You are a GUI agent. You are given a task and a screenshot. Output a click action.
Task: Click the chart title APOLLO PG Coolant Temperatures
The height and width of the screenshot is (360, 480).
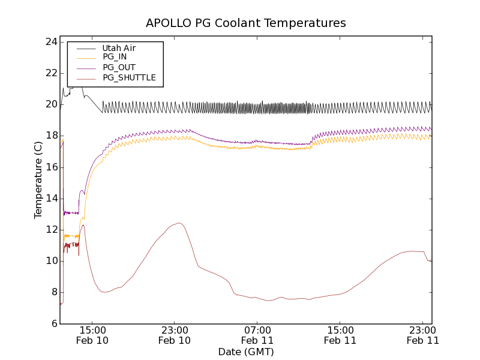(246, 23)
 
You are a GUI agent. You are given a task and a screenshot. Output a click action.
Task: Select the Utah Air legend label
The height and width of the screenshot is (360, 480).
(119, 48)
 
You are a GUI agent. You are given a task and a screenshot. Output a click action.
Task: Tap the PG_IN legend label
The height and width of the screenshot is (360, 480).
(115, 57)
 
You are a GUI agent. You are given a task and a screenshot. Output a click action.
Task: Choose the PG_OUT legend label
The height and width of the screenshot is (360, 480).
(119, 67)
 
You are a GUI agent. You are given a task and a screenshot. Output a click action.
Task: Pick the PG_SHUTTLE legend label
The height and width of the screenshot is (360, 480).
(129, 77)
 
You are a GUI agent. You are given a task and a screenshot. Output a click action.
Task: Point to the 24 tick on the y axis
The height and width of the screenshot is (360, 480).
(50, 42)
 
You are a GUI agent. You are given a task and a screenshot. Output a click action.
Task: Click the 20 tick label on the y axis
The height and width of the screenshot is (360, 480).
(50, 104)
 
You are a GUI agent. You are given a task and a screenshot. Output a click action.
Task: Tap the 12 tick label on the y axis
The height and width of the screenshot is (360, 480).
(50, 230)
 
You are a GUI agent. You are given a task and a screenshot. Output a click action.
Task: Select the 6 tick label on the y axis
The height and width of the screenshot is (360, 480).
(53, 324)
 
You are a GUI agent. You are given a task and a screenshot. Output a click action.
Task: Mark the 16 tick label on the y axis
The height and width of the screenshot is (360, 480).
(50, 167)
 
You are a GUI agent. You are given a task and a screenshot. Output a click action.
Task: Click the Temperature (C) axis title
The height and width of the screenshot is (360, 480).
(38, 180)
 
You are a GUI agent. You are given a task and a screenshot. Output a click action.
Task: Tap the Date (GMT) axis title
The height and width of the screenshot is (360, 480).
(246, 352)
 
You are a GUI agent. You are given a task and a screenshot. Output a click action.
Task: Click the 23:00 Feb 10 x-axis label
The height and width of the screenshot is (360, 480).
(175, 335)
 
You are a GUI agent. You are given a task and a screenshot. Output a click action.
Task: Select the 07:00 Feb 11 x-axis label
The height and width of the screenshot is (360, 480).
(257, 335)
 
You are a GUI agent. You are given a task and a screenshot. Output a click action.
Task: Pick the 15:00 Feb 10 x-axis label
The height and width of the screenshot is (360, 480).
(92, 335)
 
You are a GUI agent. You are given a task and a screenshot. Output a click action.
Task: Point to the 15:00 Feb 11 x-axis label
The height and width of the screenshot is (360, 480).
(340, 335)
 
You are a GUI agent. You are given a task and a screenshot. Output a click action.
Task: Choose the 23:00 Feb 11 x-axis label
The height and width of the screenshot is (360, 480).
(423, 335)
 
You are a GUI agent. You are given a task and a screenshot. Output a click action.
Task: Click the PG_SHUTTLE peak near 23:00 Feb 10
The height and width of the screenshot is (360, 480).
(178, 223)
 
